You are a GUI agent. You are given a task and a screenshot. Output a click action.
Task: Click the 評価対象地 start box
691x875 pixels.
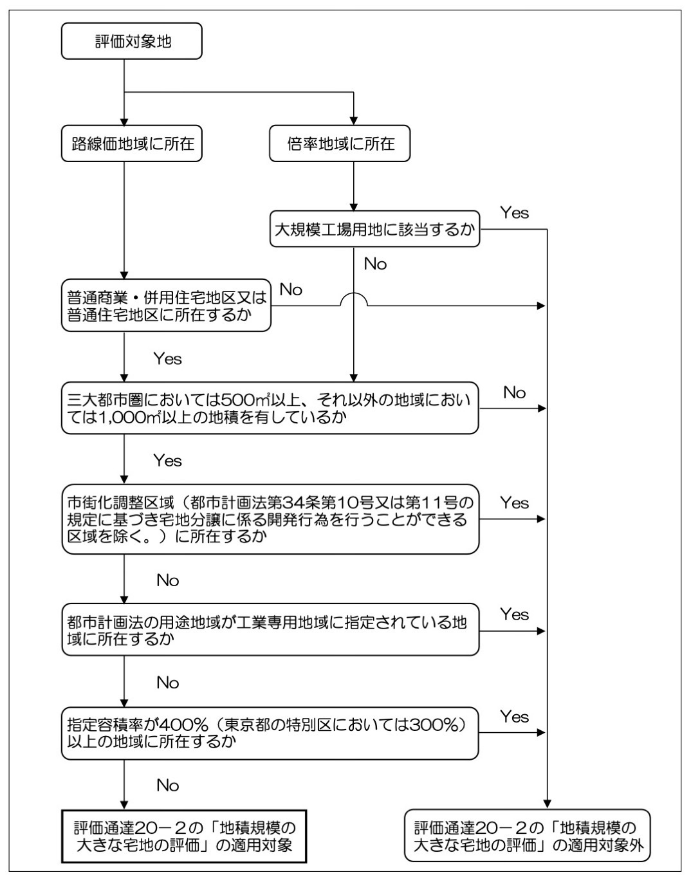click(x=132, y=41)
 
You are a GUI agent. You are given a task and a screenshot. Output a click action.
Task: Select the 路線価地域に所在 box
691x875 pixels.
click(x=132, y=143)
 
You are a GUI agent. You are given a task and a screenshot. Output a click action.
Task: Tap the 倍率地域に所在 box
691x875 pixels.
click(x=340, y=143)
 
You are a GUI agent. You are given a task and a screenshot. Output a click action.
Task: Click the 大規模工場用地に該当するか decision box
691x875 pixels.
click(x=375, y=229)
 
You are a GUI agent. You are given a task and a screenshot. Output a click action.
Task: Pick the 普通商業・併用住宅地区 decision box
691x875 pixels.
click(x=166, y=306)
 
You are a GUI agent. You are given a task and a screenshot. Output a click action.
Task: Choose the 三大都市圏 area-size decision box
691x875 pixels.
click(x=270, y=408)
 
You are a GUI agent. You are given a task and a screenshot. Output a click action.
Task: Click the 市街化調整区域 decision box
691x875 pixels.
click(x=270, y=519)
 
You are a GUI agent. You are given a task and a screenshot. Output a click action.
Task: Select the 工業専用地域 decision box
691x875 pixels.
click(x=270, y=630)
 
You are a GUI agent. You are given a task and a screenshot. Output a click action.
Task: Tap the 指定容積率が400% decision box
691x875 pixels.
click(x=270, y=733)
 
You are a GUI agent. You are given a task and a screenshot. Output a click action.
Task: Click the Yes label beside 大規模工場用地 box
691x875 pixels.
click(x=515, y=213)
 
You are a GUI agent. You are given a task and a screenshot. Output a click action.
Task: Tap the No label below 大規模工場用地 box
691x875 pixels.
click(x=375, y=264)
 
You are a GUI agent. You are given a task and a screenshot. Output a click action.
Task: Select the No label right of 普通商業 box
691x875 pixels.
click(x=291, y=290)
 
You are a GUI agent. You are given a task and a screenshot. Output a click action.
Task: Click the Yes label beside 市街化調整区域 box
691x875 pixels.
click(x=515, y=503)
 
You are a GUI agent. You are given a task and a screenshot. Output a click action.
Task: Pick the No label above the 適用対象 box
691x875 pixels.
click(x=167, y=786)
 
